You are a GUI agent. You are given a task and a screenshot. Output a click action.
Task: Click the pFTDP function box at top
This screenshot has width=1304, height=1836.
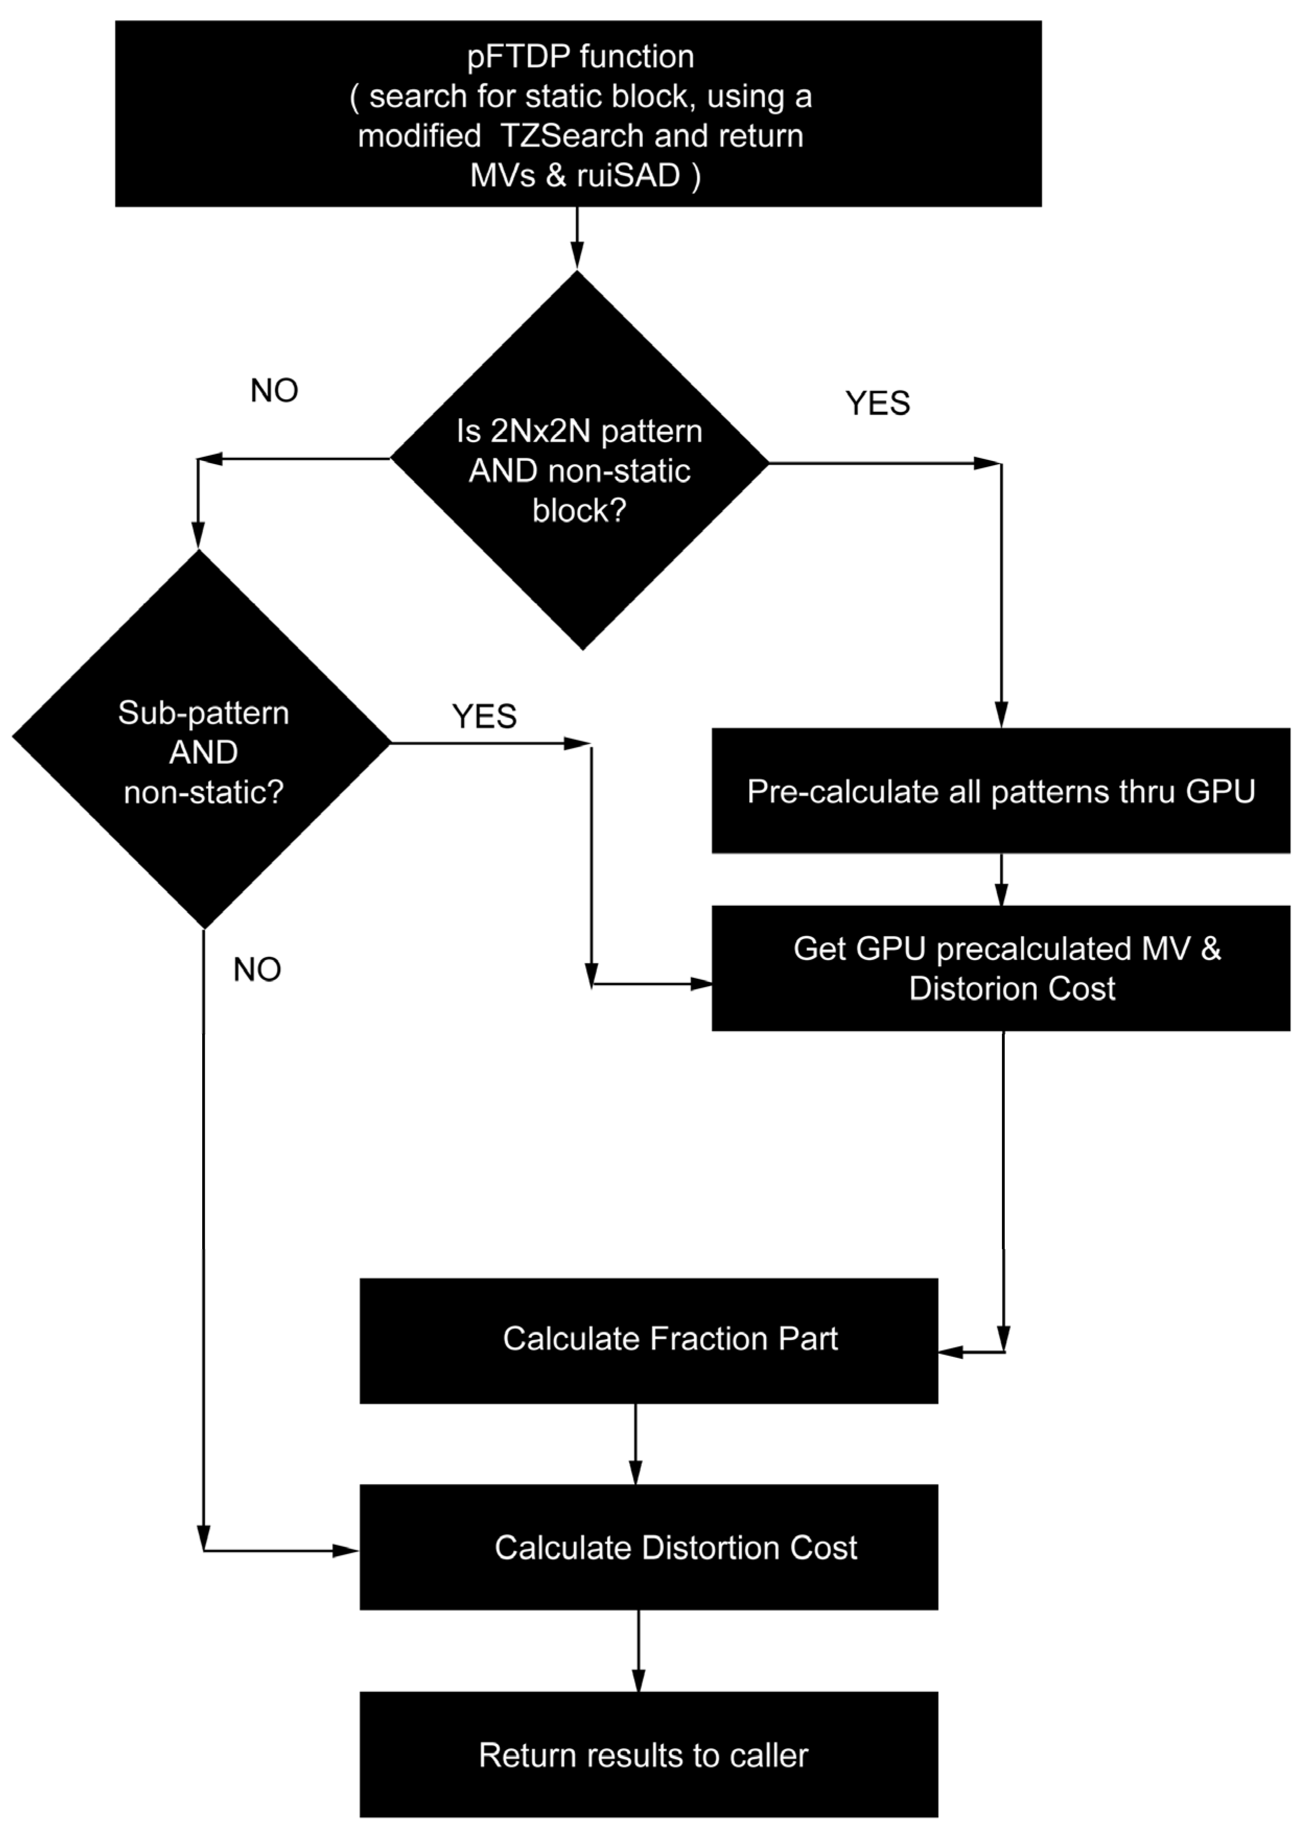[578, 114]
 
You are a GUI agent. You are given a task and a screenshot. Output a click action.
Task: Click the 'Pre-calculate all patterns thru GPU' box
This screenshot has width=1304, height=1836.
[1000, 791]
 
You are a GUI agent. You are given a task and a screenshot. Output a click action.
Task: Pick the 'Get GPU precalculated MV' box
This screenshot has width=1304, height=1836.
[1000, 968]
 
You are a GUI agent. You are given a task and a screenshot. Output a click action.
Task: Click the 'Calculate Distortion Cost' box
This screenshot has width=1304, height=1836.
[649, 1547]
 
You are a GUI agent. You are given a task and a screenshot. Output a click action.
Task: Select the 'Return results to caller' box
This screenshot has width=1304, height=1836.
[649, 1755]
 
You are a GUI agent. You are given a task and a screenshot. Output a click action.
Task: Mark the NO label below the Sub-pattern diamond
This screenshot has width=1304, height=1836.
[257, 970]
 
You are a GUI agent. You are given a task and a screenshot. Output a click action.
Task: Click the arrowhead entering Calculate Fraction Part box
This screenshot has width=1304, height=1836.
[951, 1353]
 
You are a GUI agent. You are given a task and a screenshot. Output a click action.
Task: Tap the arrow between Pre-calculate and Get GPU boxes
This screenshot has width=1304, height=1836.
[1002, 880]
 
